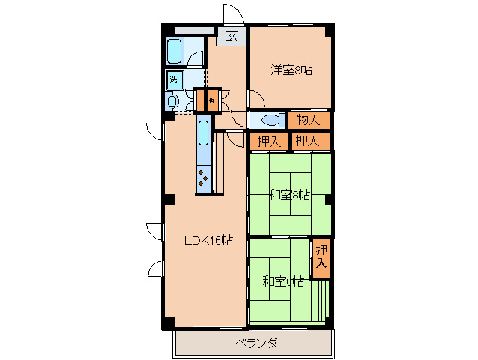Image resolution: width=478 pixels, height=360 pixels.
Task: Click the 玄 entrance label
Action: (232, 35)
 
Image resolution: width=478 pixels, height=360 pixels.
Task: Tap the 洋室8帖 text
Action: (291, 70)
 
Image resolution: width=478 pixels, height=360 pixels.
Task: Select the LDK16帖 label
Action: (209, 241)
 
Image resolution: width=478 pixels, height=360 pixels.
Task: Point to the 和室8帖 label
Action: (289, 196)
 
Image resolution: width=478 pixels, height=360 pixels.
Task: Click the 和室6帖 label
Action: (283, 281)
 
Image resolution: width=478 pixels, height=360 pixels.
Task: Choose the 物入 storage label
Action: (308, 119)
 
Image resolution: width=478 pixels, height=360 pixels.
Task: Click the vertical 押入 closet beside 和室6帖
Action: (321, 256)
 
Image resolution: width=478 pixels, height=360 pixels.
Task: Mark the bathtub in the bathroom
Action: (175, 51)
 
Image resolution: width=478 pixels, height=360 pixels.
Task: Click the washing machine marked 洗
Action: (174, 79)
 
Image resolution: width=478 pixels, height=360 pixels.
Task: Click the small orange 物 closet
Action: (212, 100)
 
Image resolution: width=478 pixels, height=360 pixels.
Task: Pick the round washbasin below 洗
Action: (173, 101)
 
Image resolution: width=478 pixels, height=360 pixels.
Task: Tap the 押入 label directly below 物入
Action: (308, 140)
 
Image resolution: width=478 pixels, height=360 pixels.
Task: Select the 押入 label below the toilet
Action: (268, 140)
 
